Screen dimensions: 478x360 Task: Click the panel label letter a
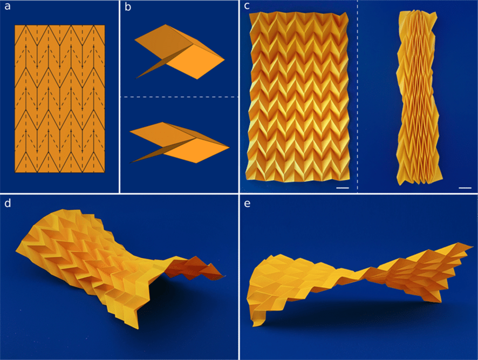point(8,6)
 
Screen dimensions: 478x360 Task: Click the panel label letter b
point(128,6)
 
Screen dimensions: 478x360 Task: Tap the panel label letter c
point(247,6)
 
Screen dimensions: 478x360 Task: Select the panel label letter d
point(8,203)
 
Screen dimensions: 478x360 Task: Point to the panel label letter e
point(247,204)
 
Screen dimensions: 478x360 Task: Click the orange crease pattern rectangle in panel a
point(60,99)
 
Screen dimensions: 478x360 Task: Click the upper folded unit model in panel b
point(179,52)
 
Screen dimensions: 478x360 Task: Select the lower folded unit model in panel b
point(179,142)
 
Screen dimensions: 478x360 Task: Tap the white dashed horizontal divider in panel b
point(179,97)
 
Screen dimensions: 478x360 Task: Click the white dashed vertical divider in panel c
point(357,97)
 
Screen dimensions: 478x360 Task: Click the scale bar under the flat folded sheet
point(343,188)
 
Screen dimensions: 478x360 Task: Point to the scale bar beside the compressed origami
point(465,188)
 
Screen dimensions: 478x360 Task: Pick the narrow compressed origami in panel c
point(418,98)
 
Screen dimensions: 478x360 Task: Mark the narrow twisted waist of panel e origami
point(363,273)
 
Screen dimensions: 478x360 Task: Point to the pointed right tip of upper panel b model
point(224,59)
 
